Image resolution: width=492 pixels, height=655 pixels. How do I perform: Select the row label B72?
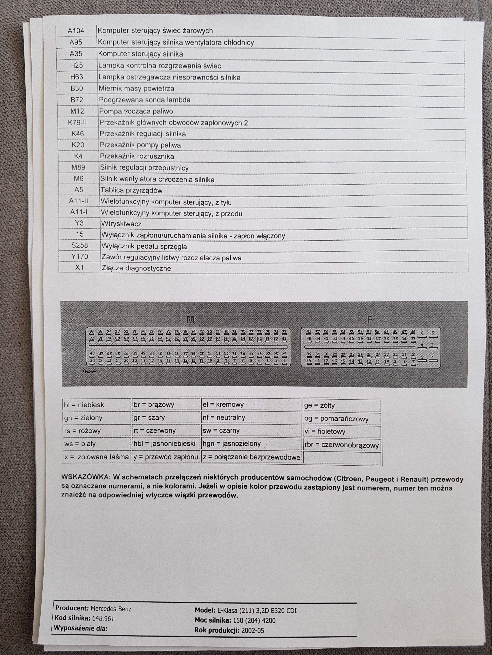[77, 100]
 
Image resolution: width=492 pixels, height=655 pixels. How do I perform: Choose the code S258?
[80, 245]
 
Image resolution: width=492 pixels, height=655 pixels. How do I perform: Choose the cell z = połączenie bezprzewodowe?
[251, 457]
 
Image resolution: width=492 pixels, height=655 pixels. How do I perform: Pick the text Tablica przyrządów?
[131, 190]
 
